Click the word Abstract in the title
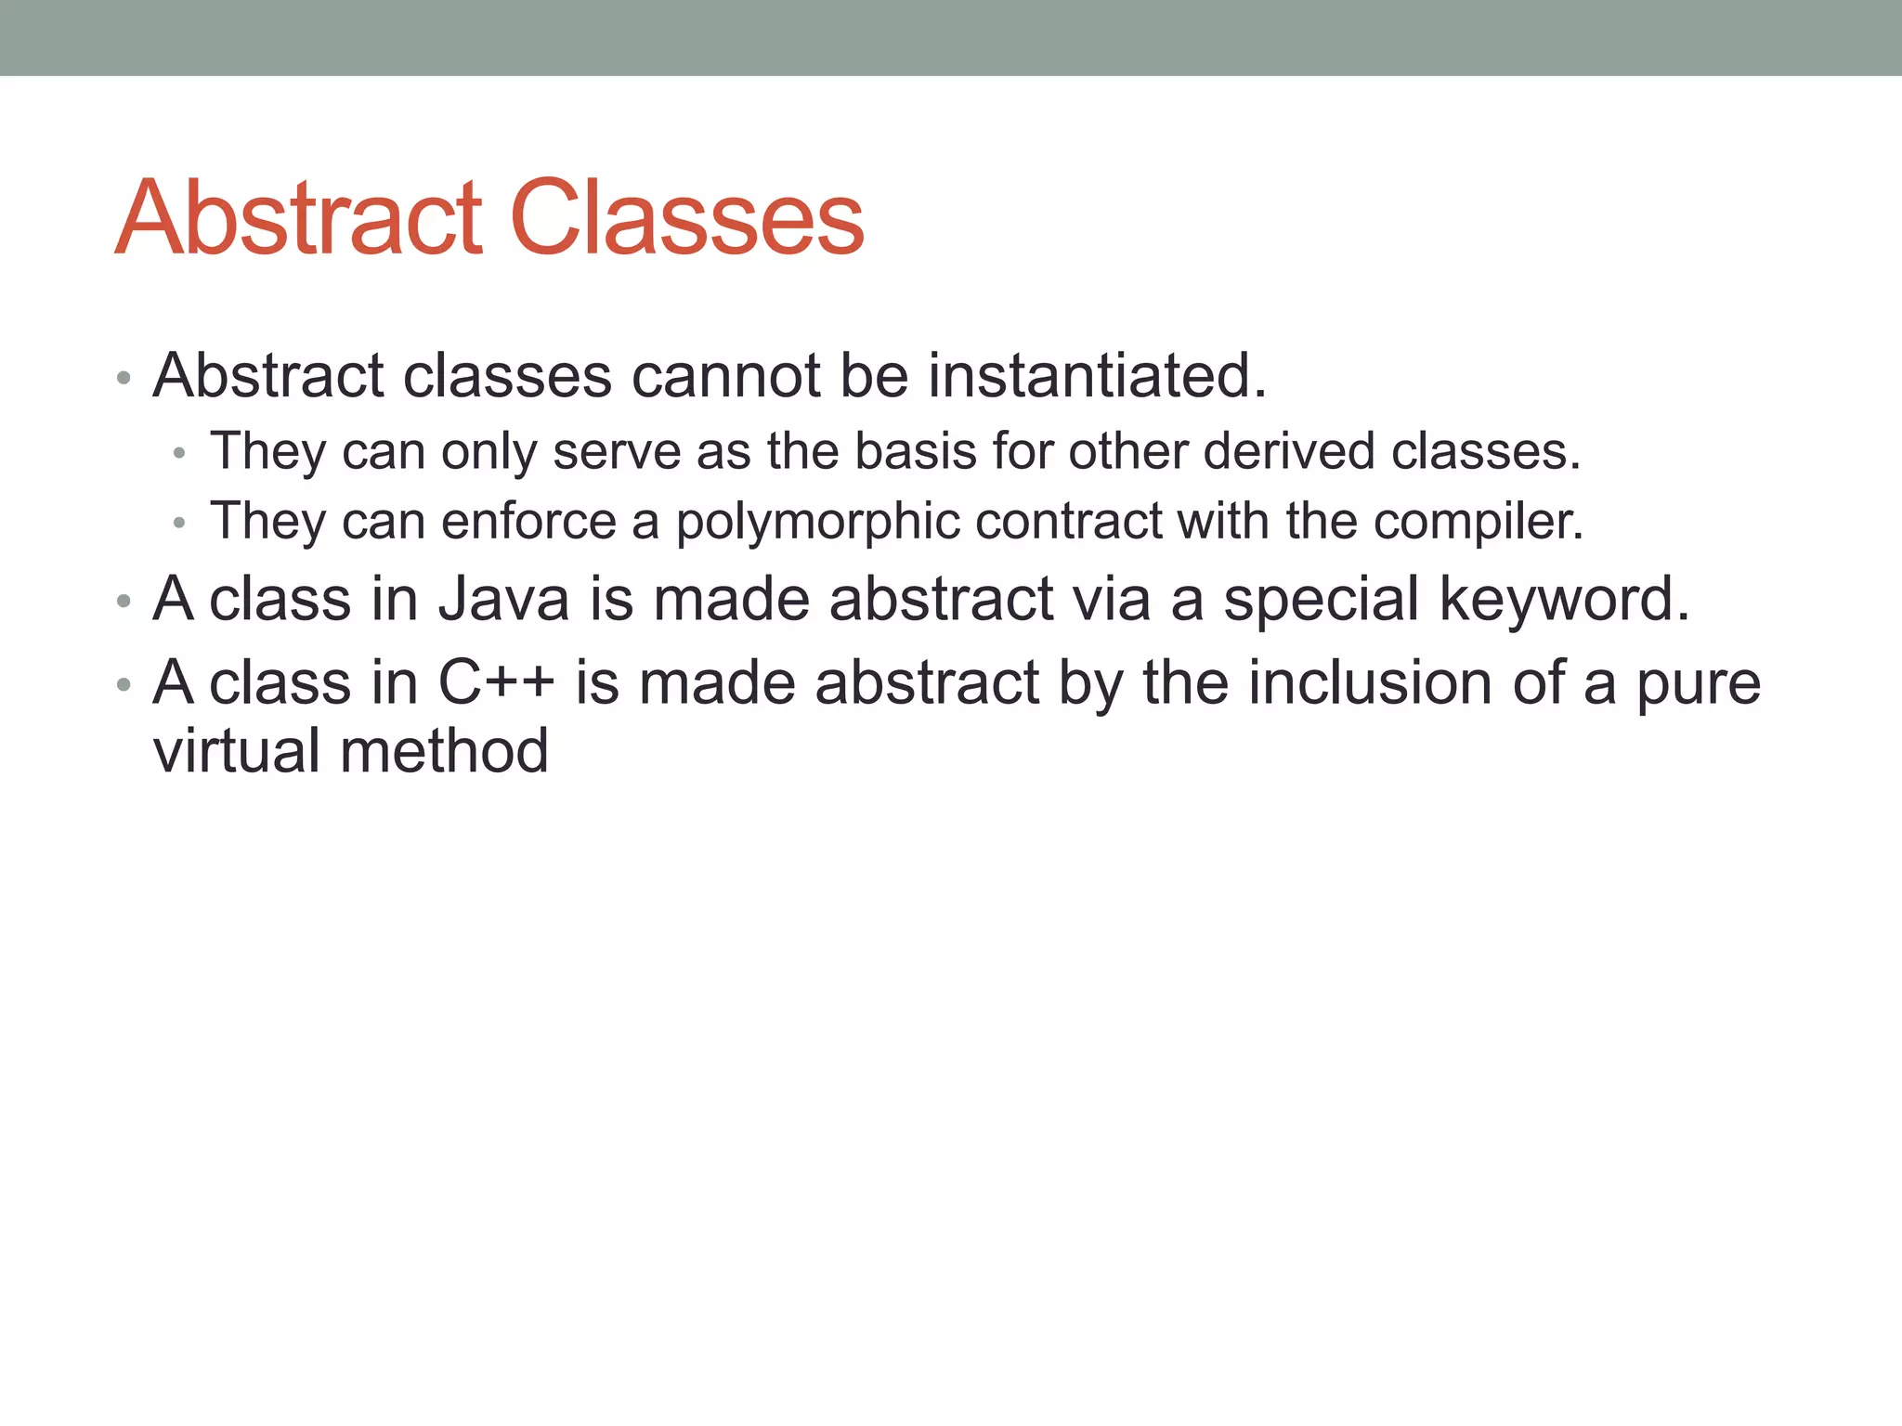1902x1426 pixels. point(299,218)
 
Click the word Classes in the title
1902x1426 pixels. point(687,218)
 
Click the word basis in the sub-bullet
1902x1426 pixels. point(916,452)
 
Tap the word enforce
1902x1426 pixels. point(528,521)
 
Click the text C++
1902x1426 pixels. point(496,682)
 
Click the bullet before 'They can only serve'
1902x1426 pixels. point(180,454)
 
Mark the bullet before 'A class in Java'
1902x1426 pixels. point(124,602)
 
